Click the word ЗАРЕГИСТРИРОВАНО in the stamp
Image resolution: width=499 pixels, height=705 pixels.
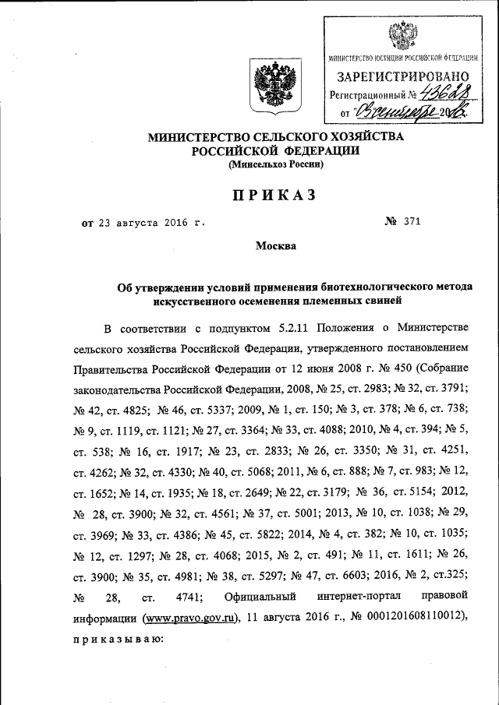pos(402,76)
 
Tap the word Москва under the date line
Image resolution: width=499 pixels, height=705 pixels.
pos(276,246)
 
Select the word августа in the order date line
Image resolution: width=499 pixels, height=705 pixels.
pos(143,223)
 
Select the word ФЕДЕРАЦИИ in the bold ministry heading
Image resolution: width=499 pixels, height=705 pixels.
pos(317,151)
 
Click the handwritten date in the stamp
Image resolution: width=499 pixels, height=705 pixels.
pos(413,113)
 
